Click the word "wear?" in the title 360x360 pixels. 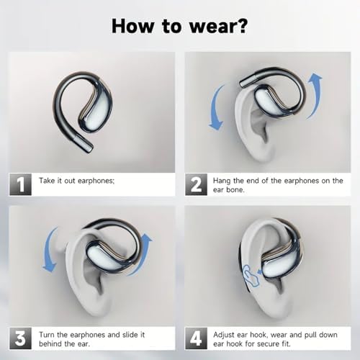click(218, 26)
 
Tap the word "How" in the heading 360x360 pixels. click(132, 26)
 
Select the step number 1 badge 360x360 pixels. click(20, 184)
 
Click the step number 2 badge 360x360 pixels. click(196, 184)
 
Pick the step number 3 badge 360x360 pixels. click(20, 338)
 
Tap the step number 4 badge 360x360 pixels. click(196, 338)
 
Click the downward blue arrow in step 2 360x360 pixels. click(214, 108)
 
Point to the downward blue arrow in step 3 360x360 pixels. click(48, 250)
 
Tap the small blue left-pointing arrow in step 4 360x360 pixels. click(259, 271)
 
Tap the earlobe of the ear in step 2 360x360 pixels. click(261, 151)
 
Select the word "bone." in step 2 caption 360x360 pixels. click(235, 189)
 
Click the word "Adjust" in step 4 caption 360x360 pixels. click(224, 335)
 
